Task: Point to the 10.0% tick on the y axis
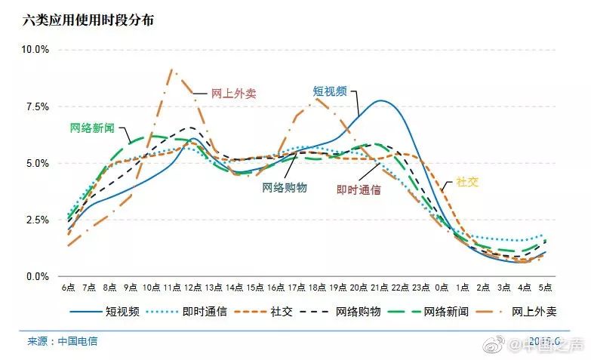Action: click(35, 50)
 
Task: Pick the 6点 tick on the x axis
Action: click(68, 288)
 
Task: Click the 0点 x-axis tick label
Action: click(443, 288)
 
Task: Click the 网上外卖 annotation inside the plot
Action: click(234, 94)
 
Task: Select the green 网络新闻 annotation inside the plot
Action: click(92, 128)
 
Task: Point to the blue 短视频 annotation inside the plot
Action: click(330, 91)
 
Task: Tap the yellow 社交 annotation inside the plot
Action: click(467, 183)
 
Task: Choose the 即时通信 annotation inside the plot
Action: click(359, 190)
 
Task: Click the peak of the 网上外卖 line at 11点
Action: click(171, 69)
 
